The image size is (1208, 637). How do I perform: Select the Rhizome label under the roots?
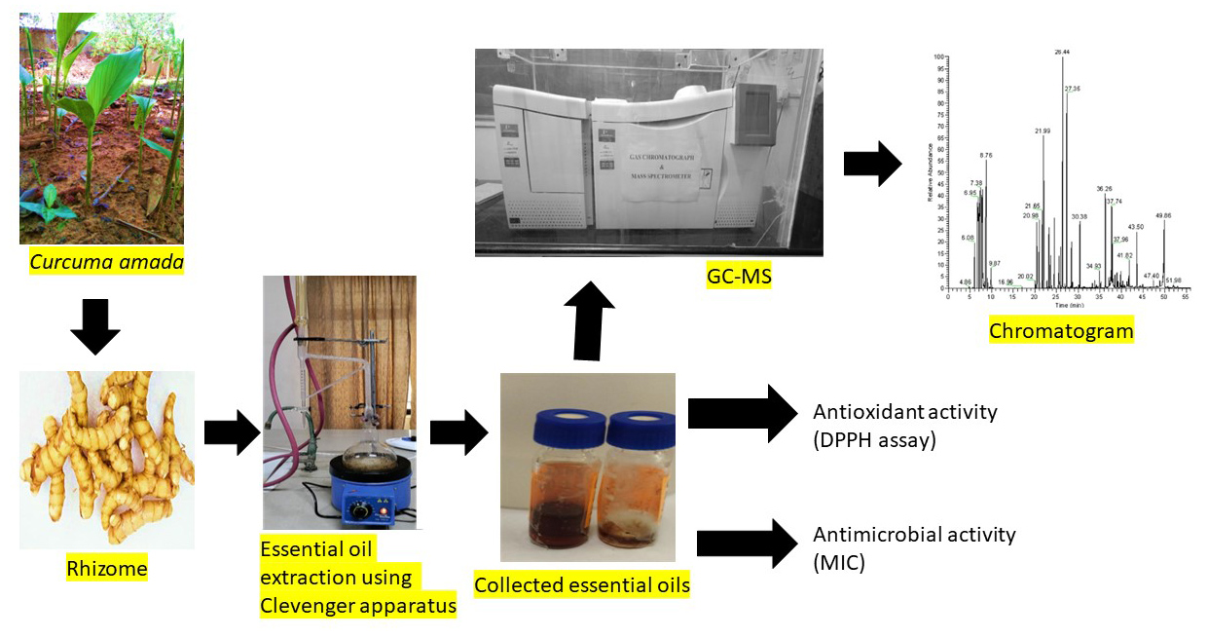(107, 567)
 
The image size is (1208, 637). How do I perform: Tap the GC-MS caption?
(739, 278)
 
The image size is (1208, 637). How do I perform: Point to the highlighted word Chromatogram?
(1061, 331)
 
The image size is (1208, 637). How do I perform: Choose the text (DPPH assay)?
(874, 440)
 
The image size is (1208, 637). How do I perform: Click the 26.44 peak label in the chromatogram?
(1062, 52)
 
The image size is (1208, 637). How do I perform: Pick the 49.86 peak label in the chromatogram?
(1163, 215)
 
